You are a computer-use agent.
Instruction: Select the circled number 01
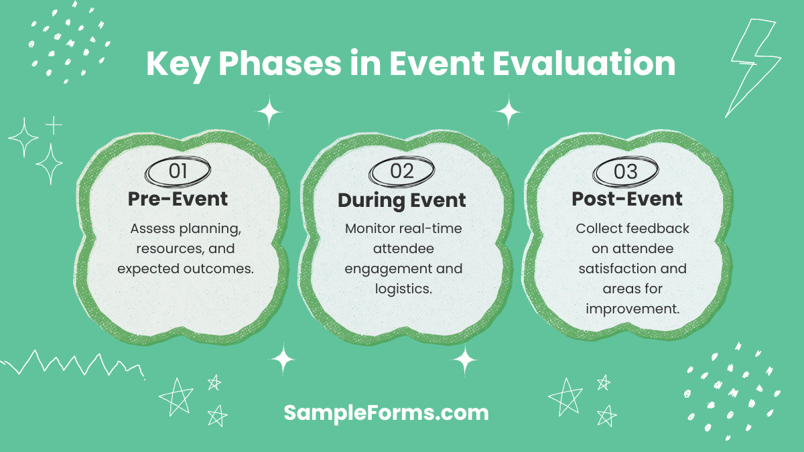point(178,171)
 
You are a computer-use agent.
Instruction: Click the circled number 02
point(402,171)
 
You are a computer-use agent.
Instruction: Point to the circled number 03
point(625,171)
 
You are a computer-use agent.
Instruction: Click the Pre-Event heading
point(178,199)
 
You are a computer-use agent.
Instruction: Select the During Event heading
point(402,200)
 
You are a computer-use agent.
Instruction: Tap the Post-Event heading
point(626,199)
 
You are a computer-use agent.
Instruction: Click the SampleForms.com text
point(386,412)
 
